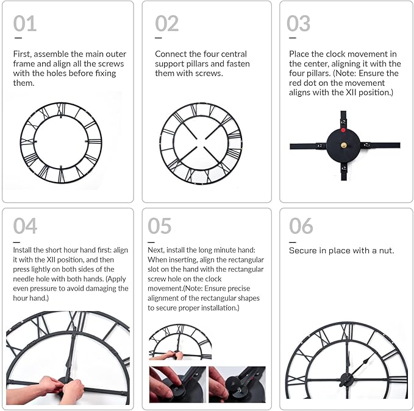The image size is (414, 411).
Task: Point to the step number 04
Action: [25, 227]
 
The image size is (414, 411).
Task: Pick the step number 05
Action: [159, 227]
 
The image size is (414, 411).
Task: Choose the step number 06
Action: [301, 227]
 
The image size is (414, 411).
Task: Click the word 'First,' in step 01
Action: [24, 54]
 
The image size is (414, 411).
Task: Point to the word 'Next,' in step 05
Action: [157, 250]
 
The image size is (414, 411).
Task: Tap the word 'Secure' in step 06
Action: [303, 251]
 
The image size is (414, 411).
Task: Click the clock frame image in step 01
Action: [61, 142]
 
